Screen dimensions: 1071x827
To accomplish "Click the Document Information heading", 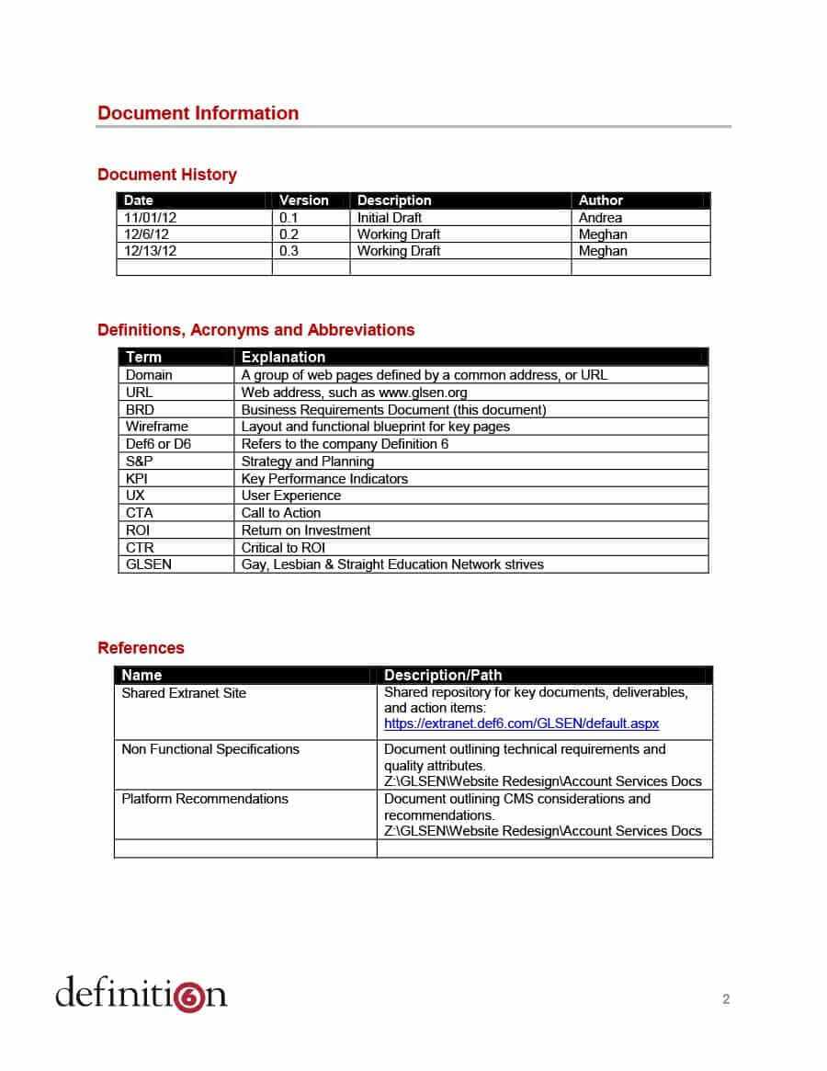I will [198, 113].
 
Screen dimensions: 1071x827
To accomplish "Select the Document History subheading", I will [166, 175].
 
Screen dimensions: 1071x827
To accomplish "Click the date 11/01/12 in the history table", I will [151, 218].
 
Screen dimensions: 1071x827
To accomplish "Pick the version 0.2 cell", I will [289, 234].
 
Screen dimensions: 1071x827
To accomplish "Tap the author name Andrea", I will [600, 218].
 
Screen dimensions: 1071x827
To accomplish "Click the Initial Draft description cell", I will [390, 218].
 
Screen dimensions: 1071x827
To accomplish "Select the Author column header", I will [600, 200].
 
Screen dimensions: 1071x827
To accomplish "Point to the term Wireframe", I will [156, 427].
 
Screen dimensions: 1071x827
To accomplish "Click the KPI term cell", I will [137, 479].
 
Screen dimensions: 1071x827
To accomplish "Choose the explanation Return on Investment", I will [306, 530].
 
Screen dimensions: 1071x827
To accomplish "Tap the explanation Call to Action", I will [281, 513].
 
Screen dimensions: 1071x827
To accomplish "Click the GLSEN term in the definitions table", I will [148, 564].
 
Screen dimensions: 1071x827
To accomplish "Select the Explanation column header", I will [283, 357].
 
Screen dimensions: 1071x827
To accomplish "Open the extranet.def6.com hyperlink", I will [521, 723].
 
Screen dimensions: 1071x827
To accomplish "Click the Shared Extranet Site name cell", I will [184, 693].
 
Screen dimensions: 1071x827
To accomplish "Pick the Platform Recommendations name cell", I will [205, 799].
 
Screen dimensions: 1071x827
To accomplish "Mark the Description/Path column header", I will [442, 675].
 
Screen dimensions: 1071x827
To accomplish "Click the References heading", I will [141, 648].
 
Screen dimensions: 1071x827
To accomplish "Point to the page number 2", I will [726, 999].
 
